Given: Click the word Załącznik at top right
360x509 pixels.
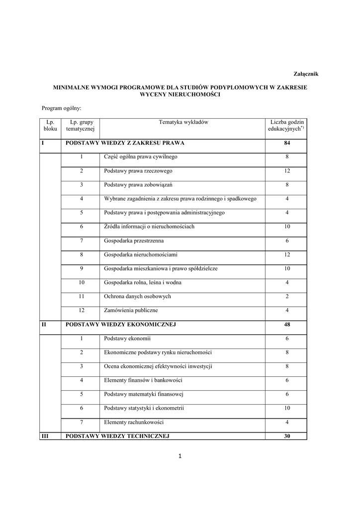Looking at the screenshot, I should [x=303, y=74].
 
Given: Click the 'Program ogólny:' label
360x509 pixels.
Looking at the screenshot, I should [x=61, y=107].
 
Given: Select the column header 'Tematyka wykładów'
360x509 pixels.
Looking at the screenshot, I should [x=183, y=122].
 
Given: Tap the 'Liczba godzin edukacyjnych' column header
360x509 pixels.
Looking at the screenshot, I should [x=286, y=125].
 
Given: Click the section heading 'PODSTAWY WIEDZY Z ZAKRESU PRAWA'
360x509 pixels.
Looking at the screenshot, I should [x=125, y=143].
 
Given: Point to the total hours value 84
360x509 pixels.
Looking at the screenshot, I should [x=287, y=143].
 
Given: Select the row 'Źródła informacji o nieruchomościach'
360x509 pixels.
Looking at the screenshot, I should [x=149, y=227].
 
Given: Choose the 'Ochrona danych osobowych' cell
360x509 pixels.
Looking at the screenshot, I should [x=137, y=296].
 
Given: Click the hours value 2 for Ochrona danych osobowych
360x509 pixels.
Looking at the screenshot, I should [x=287, y=296].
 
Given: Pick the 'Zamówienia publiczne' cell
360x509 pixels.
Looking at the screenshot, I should [x=131, y=310].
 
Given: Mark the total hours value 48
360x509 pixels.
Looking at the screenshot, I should [x=287, y=325].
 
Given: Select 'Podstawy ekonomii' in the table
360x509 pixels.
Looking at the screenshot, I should [x=127, y=339].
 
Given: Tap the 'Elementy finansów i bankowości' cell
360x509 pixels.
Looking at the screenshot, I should [x=143, y=380].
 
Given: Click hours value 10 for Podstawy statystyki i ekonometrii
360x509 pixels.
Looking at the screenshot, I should [x=287, y=408].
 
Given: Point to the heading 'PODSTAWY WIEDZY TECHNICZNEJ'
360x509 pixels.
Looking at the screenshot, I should [x=118, y=436].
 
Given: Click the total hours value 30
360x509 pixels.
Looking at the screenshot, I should [x=287, y=436].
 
